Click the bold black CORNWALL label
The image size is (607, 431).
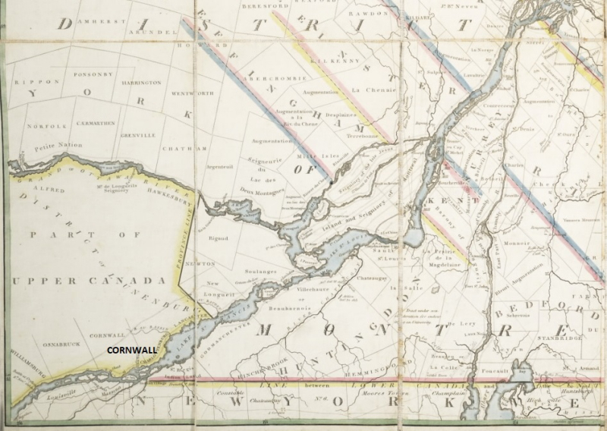[131, 351]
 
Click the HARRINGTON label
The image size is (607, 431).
[140, 82]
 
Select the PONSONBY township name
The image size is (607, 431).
[90, 74]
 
